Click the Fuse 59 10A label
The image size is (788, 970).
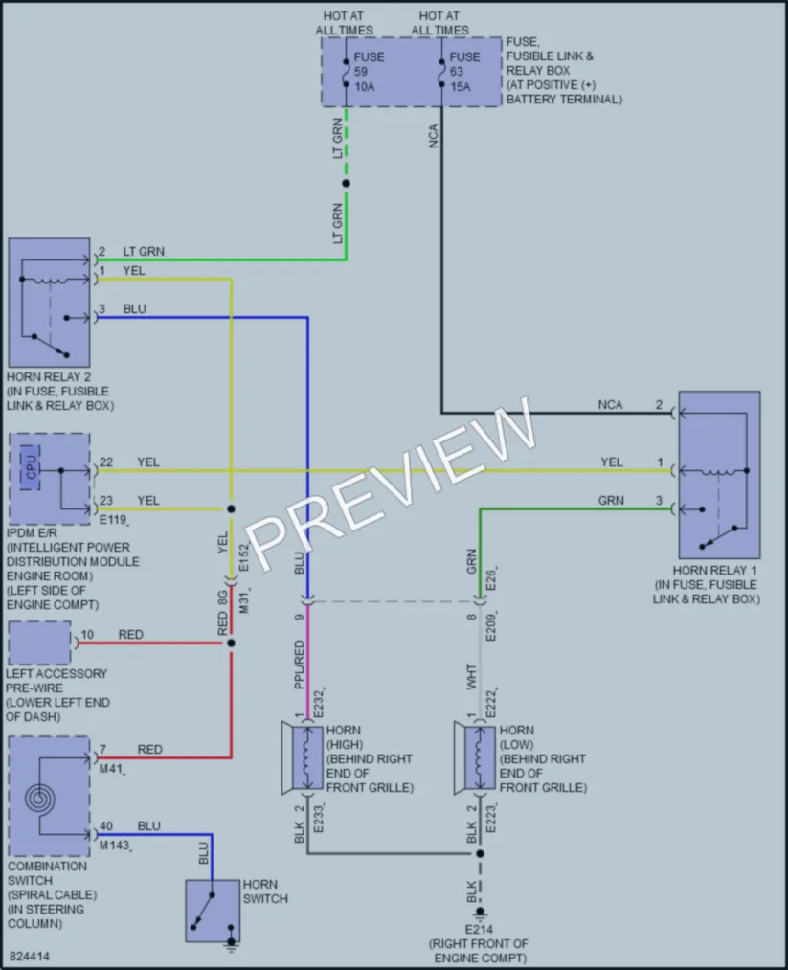tap(369, 72)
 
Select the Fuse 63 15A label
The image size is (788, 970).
tap(464, 72)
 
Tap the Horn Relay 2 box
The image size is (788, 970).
tap(49, 303)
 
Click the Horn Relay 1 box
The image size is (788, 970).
tap(719, 475)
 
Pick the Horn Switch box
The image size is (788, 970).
tap(213, 911)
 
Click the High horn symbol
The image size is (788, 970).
tap(304, 757)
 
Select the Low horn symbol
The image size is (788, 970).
tap(476, 757)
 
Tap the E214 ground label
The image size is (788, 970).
tap(480, 929)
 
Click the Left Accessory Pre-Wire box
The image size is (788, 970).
tap(39, 643)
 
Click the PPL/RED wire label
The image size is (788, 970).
tap(300, 665)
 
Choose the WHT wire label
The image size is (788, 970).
tap(472, 677)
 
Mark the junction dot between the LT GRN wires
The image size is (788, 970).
tap(346, 183)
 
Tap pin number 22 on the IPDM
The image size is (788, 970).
tap(106, 462)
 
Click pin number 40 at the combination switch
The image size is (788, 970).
tap(106, 825)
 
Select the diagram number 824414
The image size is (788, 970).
tap(30, 957)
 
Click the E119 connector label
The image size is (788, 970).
tap(113, 520)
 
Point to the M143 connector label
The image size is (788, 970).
tap(115, 845)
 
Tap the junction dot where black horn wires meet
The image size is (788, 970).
tap(480, 854)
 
